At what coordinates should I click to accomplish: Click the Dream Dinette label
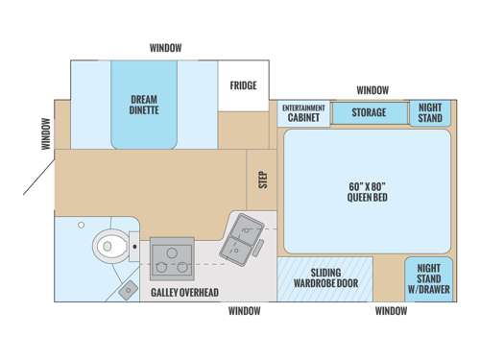point(144,104)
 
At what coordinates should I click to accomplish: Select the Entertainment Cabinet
point(303,112)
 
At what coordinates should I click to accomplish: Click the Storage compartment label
point(369,112)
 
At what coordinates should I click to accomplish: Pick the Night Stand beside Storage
point(428,112)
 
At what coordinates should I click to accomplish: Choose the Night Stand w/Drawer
point(427,278)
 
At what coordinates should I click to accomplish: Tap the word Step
point(262,180)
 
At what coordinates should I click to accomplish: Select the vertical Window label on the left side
point(45,133)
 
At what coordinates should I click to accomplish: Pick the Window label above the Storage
point(372,90)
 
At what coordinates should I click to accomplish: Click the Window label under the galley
point(244,311)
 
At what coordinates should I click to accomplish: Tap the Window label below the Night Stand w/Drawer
point(390,311)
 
